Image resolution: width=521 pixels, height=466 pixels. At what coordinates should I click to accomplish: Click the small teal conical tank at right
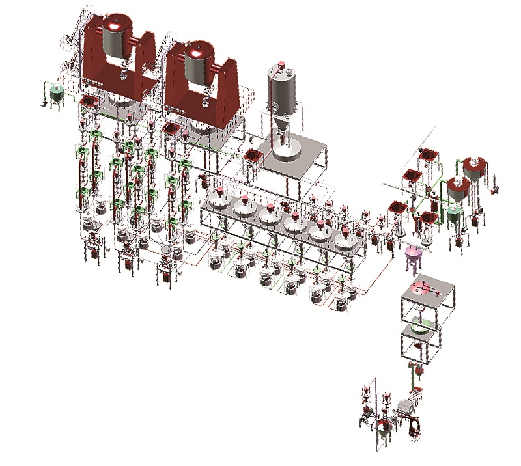(455, 213)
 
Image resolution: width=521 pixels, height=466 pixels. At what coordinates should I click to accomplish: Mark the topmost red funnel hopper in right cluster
(428, 154)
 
